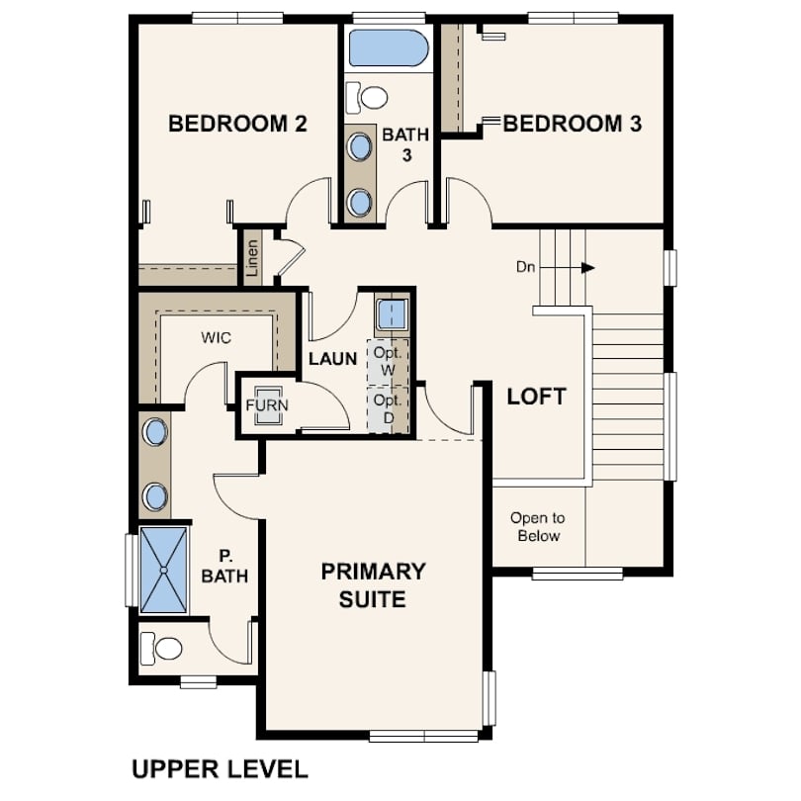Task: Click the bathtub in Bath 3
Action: (x=389, y=48)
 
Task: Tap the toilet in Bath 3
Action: (x=366, y=97)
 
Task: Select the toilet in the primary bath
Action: (x=161, y=649)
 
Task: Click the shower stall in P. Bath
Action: (x=164, y=570)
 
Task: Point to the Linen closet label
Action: (x=252, y=258)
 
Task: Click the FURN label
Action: (x=267, y=405)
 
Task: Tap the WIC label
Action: (x=217, y=337)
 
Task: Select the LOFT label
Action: (x=536, y=397)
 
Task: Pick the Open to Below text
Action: (x=538, y=527)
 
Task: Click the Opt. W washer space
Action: (x=389, y=362)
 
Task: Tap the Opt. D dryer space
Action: (x=389, y=410)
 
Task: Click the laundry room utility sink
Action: (x=392, y=315)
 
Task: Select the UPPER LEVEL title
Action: (x=221, y=769)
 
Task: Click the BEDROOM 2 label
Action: (x=237, y=124)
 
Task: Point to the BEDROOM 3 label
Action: (x=573, y=124)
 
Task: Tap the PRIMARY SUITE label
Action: (x=373, y=585)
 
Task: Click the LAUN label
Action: (x=333, y=359)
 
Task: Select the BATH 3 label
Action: (x=405, y=144)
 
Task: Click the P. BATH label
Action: (x=224, y=566)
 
